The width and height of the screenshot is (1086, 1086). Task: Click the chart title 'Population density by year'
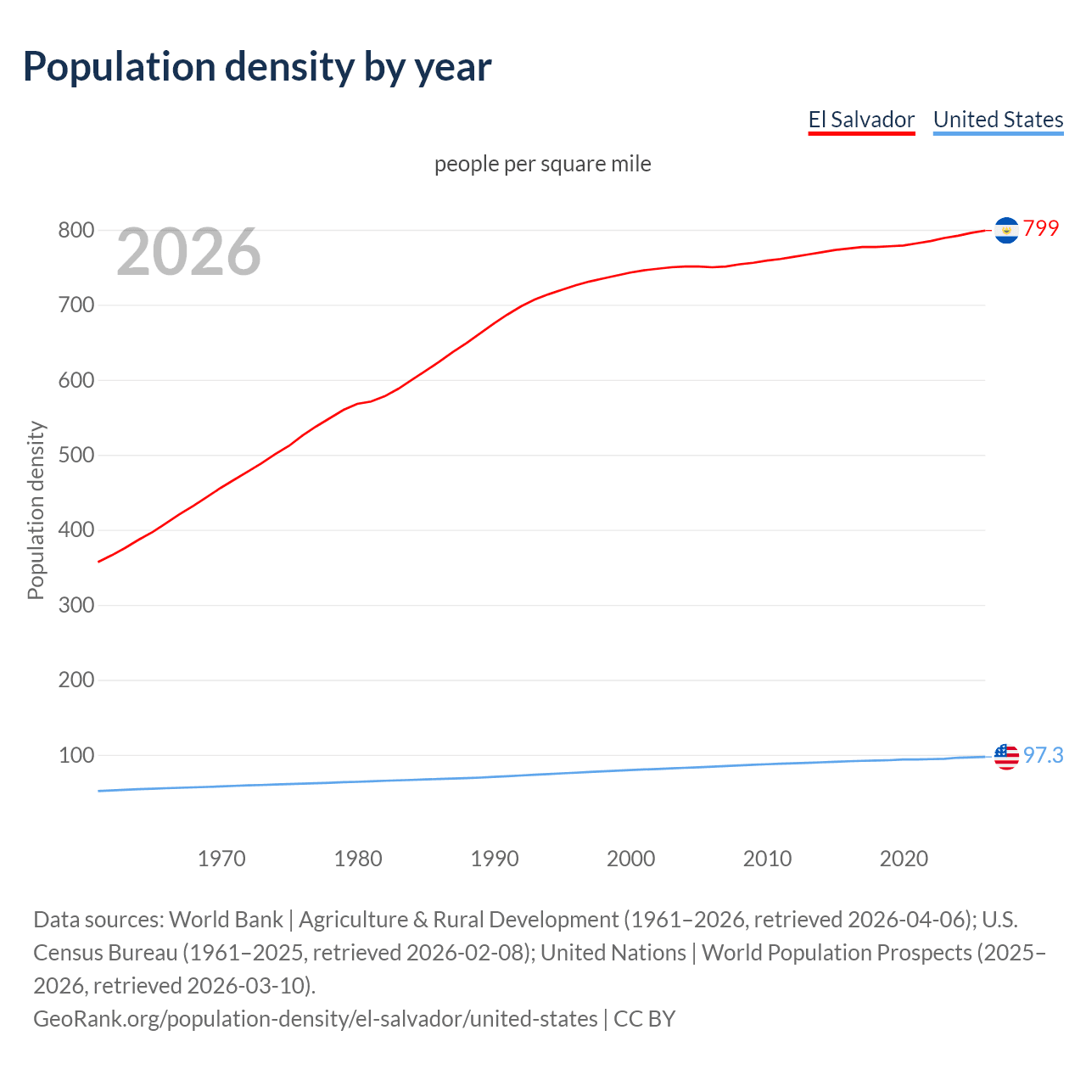click(256, 67)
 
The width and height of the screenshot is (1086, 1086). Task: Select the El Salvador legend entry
click(861, 120)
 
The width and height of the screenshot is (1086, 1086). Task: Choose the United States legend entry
click(998, 120)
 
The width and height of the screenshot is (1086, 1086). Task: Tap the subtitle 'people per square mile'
click(542, 164)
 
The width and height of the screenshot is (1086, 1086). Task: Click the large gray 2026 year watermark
click(188, 251)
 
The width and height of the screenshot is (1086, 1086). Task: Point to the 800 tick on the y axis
click(76, 230)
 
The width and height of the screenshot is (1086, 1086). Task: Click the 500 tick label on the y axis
click(76, 455)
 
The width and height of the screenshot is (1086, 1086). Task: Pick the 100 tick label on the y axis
click(76, 755)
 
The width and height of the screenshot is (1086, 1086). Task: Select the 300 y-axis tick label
click(76, 605)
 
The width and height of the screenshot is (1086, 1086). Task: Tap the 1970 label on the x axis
click(221, 859)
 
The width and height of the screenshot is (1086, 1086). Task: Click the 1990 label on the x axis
click(495, 859)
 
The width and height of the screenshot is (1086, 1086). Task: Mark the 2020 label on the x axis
click(904, 859)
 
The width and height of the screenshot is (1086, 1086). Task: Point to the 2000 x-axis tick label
click(630, 859)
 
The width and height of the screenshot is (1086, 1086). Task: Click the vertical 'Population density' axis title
click(36, 511)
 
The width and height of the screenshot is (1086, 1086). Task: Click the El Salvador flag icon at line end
click(1006, 230)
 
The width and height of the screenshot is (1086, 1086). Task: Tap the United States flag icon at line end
click(1006, 756)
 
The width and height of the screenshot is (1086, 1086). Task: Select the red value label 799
click(1041, 228)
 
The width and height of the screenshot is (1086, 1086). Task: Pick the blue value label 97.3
click(1043, 755)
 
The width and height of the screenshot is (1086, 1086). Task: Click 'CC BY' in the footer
click(644, 1019)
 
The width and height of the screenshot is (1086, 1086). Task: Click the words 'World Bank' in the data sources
click(226, 920)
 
